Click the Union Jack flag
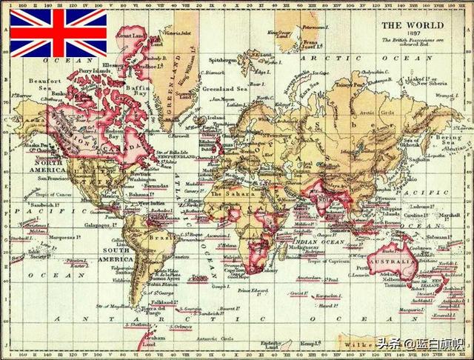pyautogui.click(x=59, y=33)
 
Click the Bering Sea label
pyautogui.click(x=449, y=139)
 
